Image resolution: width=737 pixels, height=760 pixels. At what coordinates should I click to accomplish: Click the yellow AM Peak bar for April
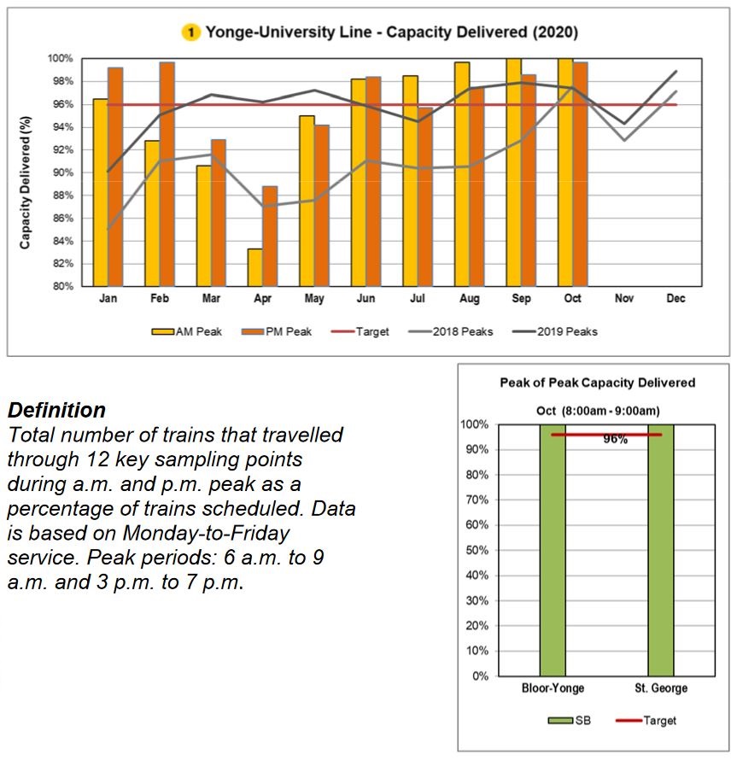click(254, 267)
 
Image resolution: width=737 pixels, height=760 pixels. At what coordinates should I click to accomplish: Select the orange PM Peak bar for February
click(167, 174)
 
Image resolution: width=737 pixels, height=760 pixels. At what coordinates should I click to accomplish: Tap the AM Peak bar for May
click(307, 201)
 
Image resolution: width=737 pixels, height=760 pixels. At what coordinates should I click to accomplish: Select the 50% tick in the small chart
click(477, 550)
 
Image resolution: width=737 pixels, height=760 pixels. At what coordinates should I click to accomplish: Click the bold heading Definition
click(56, 410)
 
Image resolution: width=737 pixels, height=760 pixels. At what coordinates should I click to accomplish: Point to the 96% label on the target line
click(615, 440)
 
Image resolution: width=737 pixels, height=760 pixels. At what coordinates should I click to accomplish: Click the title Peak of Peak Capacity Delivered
click(597, 383)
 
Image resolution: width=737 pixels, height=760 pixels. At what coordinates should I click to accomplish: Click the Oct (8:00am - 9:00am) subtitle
click(597, 410)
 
